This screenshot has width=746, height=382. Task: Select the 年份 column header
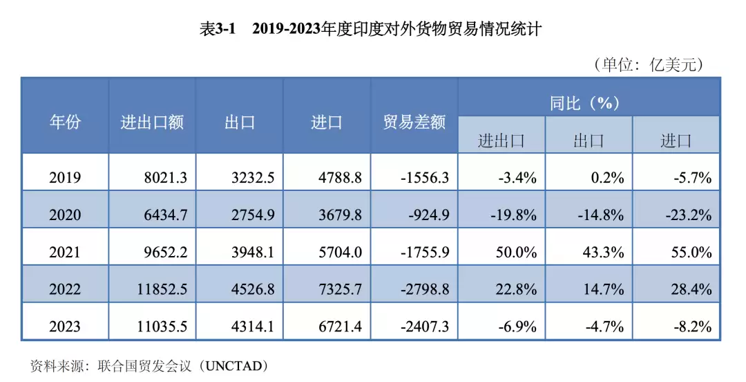[x=65, y=122]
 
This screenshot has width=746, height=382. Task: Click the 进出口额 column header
[x=152, y=122]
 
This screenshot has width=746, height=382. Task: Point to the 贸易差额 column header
[x=414, y=122]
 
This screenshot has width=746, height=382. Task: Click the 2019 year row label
[x=65, y=178]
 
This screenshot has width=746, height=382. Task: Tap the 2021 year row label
[x=65, y=253]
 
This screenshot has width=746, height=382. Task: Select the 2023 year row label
[x=65, y=326]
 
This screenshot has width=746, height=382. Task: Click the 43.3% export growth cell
[x=603, y=253]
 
